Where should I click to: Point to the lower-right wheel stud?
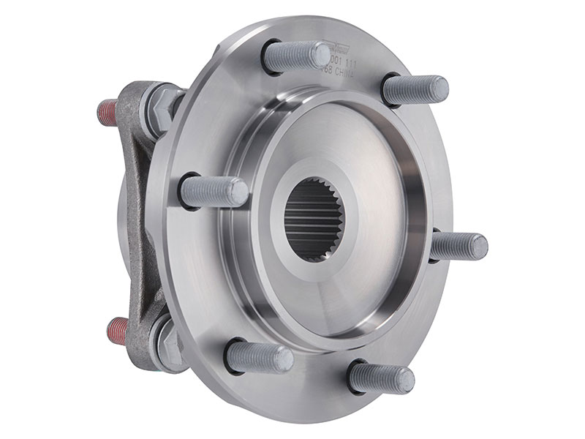(380, 378)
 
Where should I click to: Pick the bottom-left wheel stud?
(259, 357)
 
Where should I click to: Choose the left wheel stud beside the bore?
(213, 191)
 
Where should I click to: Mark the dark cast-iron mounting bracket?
(139, 219)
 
